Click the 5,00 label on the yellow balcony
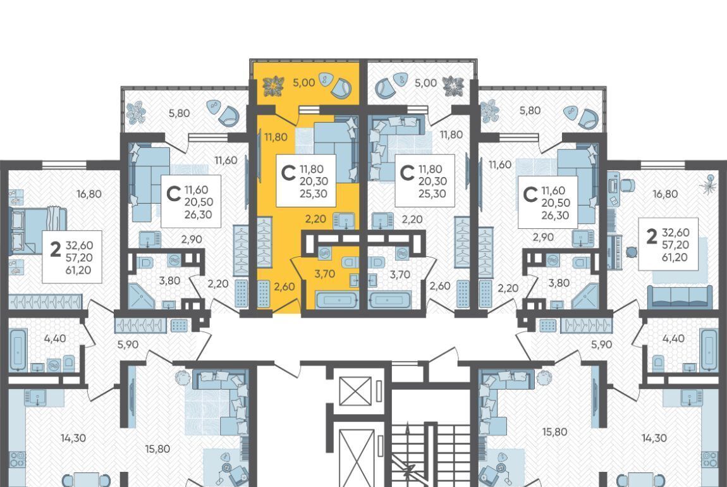pos(303,83)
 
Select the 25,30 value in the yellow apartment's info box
pos(314,194)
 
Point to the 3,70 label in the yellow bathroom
pos(324,274)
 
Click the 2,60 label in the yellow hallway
pos(284,287)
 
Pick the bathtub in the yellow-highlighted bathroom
pos(338,300)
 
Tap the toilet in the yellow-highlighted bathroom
pos(350,262)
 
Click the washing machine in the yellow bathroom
pos(324,253)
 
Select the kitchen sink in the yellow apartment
pos(343,220)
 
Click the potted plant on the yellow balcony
pos(273,86)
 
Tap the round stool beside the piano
pos(632,252)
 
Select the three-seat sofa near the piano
pos(680,297)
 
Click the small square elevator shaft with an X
pos(355,391)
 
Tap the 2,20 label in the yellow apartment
pos(315,218)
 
